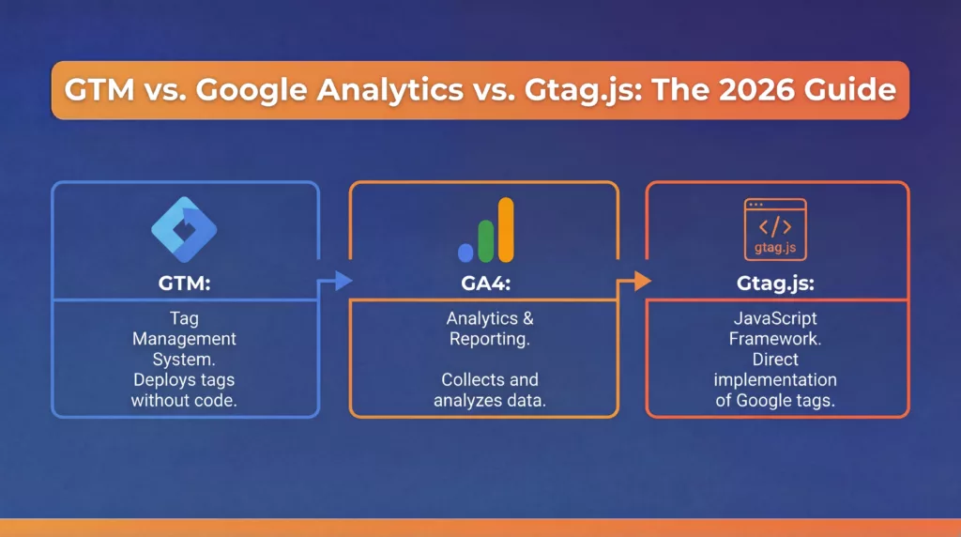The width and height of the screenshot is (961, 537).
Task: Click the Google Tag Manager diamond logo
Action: coord(184,230)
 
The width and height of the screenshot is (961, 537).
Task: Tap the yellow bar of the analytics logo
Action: coord(506,230)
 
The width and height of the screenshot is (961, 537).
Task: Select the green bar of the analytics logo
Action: coord(485,241)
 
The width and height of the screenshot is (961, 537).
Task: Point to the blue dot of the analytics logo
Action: coord(465,253)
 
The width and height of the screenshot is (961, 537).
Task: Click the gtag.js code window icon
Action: coord(775,229)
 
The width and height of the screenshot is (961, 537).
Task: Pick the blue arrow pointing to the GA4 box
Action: coord(335,282)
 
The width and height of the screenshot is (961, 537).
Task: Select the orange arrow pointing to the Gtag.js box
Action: coord(634,282)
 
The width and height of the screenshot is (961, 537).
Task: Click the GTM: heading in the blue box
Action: coord(185,284)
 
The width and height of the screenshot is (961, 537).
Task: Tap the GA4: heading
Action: coord(485,284)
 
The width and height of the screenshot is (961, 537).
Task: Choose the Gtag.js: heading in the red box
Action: coord(775,284)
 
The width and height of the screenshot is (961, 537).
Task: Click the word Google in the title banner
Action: coord(252,91)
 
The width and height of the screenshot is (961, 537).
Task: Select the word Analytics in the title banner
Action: coord(390,91)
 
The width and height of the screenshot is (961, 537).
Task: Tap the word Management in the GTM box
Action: coord(185,340)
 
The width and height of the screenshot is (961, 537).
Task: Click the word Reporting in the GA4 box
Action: coord(488,340)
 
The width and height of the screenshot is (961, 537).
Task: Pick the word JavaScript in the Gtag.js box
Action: coord(775,319)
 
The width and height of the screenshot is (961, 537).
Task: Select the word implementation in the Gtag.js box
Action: coord(775,380)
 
